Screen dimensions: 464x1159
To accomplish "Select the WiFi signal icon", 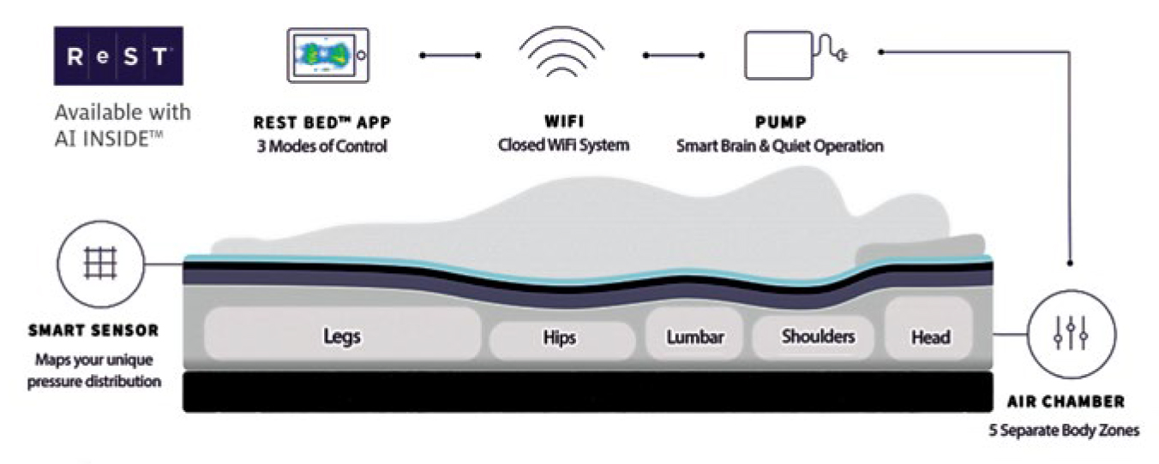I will tap(562, 53).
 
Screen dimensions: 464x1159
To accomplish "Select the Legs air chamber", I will tap(342, 336).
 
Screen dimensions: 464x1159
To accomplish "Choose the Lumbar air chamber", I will tap(695, 336).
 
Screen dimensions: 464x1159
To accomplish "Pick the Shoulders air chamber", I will tap(818, 336).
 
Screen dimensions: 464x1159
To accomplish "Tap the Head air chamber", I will tap(930, 336).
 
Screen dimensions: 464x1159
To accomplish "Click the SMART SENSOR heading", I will tap(93, 330).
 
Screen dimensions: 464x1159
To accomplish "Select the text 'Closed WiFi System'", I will tap(563, 145).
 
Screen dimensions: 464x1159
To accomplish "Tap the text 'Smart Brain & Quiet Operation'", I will tap(779, 146).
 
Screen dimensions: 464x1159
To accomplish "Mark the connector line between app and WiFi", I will tap(449, 56).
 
